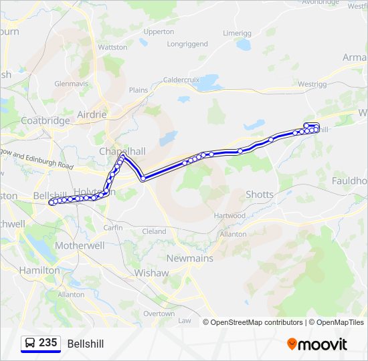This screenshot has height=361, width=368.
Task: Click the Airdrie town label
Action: pos(92,114)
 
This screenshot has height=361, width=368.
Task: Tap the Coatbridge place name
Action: pos(45,120)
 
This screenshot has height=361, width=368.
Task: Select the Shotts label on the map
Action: pos(260,195)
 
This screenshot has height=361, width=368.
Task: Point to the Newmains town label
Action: pos(190,258)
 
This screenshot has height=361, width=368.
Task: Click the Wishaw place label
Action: pos(152,273)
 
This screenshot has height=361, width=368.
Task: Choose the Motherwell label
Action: pos(80,245)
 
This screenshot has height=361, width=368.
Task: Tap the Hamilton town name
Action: pos(39,270)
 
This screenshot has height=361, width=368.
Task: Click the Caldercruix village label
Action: pos(181,79)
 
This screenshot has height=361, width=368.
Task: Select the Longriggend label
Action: pos(188,45)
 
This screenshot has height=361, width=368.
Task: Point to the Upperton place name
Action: pos(159,31)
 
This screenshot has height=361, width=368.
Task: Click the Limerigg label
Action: pos(237,33)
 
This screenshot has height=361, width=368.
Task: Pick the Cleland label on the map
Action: pos(154,231)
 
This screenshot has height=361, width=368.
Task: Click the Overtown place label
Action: pos(159,314)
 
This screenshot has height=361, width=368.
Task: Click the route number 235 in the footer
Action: pos(48,343)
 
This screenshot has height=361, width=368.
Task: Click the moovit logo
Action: pos(317,344)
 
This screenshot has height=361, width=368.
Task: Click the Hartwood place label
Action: pos(229,216)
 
